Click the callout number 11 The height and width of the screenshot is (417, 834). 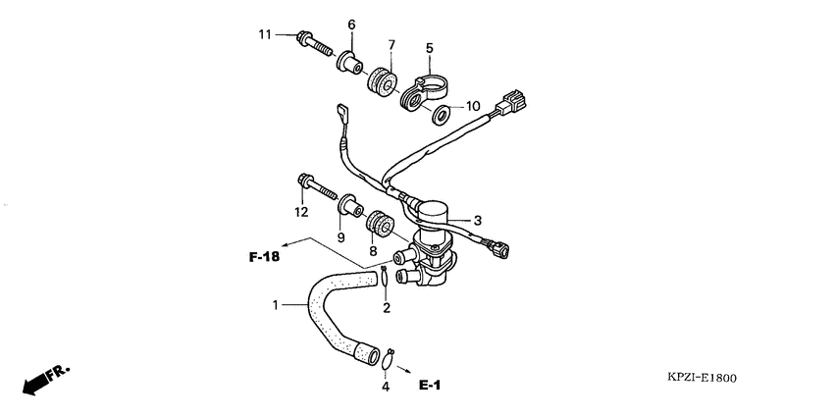[265, 35]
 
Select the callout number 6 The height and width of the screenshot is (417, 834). [350, 25]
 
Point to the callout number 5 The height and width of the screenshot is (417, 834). [429, 46]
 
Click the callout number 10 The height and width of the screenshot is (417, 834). [472, 106]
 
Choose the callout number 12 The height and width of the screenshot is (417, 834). [301, 212]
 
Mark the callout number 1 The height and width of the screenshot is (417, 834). [276, 305]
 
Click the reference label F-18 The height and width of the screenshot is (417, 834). [264, 258]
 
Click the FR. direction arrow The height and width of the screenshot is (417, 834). [45, 379]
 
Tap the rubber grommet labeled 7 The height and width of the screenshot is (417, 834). [378, 77]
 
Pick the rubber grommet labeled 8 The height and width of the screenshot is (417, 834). [380, 227]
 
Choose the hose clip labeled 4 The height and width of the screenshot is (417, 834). [390, 356]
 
